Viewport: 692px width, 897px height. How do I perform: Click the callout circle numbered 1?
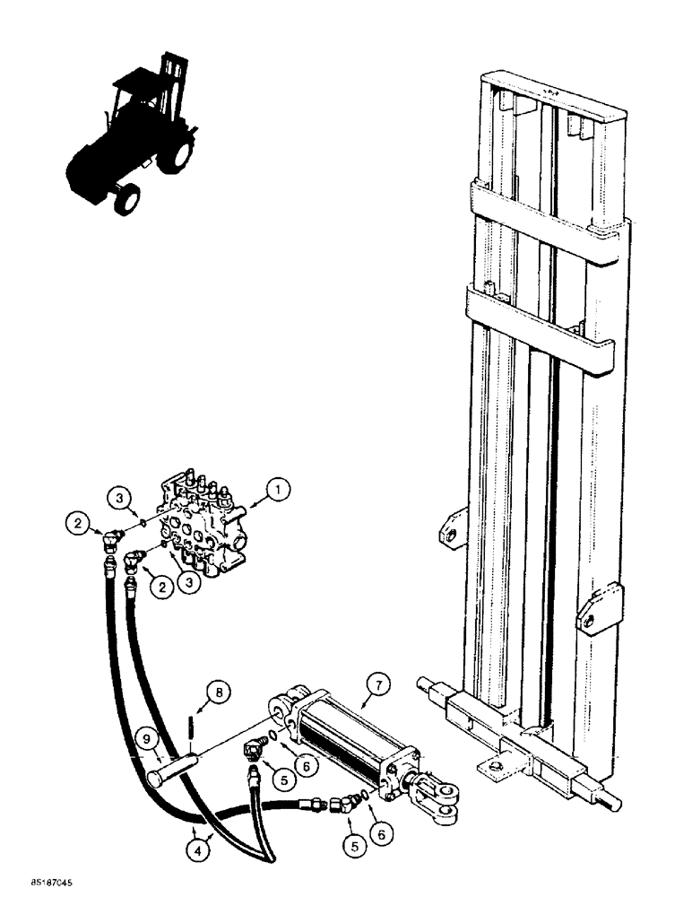279,490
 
